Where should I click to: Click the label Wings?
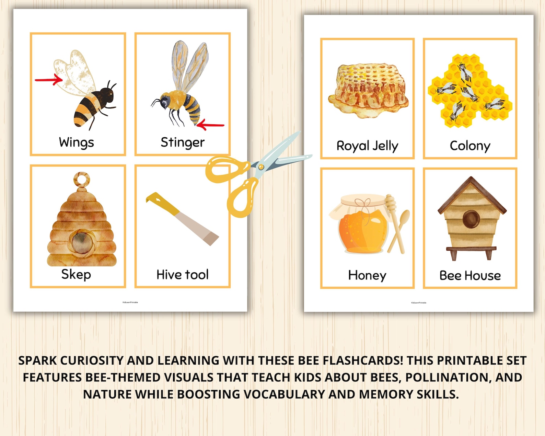point(76,142)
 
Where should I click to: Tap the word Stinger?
point(183,142)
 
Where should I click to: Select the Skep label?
point(76,274)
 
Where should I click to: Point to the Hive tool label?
point(183,274)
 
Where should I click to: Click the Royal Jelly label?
point(367,146)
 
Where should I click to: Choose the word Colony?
point(470,146)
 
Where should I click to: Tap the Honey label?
point(367,275)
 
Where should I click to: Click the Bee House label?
point(470,275)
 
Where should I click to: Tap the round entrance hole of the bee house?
point(471,219)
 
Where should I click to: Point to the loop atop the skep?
point(82,179)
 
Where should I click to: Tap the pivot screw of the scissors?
point(261,167)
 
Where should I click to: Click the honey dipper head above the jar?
point(391,203)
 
